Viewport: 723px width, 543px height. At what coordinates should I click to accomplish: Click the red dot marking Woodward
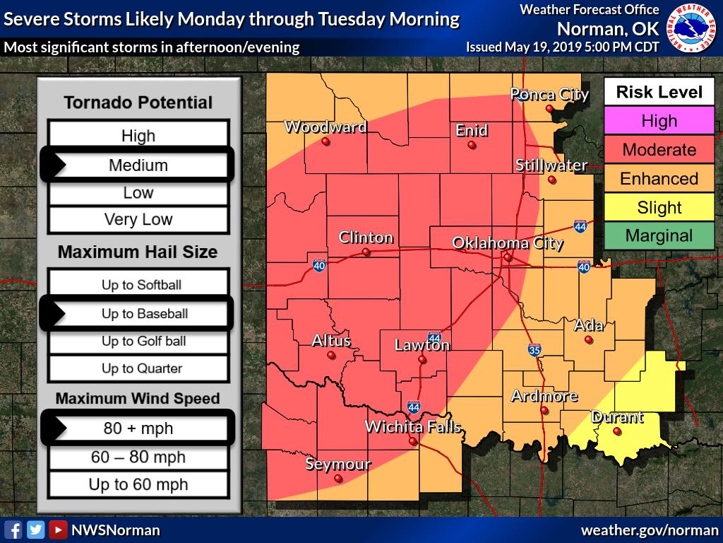pyautogui.click(x=325, y=141)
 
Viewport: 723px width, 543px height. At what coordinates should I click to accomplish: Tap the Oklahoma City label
pyautogui.click(x=507, y=243)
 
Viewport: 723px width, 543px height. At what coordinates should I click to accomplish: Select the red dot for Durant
pyautogui.click(x=617, y=431)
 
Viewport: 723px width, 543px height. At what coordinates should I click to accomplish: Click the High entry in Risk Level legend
pyautogui.click(x=659, y=121)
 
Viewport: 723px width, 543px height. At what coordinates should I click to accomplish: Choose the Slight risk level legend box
pyautogui.click(x=659, y=208)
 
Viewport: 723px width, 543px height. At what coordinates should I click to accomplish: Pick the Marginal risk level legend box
pyautogui.click(x=659, y=236)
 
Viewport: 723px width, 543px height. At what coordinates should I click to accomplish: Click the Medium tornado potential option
pyautogui.click(x=138, y=165)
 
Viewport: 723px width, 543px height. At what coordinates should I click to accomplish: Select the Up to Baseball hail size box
pyautogui.click(x=138, y=313)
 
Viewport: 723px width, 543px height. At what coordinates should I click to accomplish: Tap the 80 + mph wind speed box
pyautogui.click(x=138, y=428)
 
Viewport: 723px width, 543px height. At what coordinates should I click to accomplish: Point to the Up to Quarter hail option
pyautogui.click(x=138, y=368)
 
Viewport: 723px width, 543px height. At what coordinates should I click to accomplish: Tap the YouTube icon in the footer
pyautogui.click(x=59, y=530)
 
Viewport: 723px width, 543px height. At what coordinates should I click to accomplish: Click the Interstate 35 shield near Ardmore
pyautogui.click(x=534, y=350)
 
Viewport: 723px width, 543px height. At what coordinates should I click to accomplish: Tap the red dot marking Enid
pyautogui.click(x=472, y=146)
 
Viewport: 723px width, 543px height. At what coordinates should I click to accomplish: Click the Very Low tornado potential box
pyautogui.click(x=138, y=219)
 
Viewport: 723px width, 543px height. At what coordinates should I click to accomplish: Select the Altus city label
pyautogui.click(x=331, y=341)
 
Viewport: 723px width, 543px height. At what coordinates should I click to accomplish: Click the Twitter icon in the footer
pyautogui.click(x=36, y=530)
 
